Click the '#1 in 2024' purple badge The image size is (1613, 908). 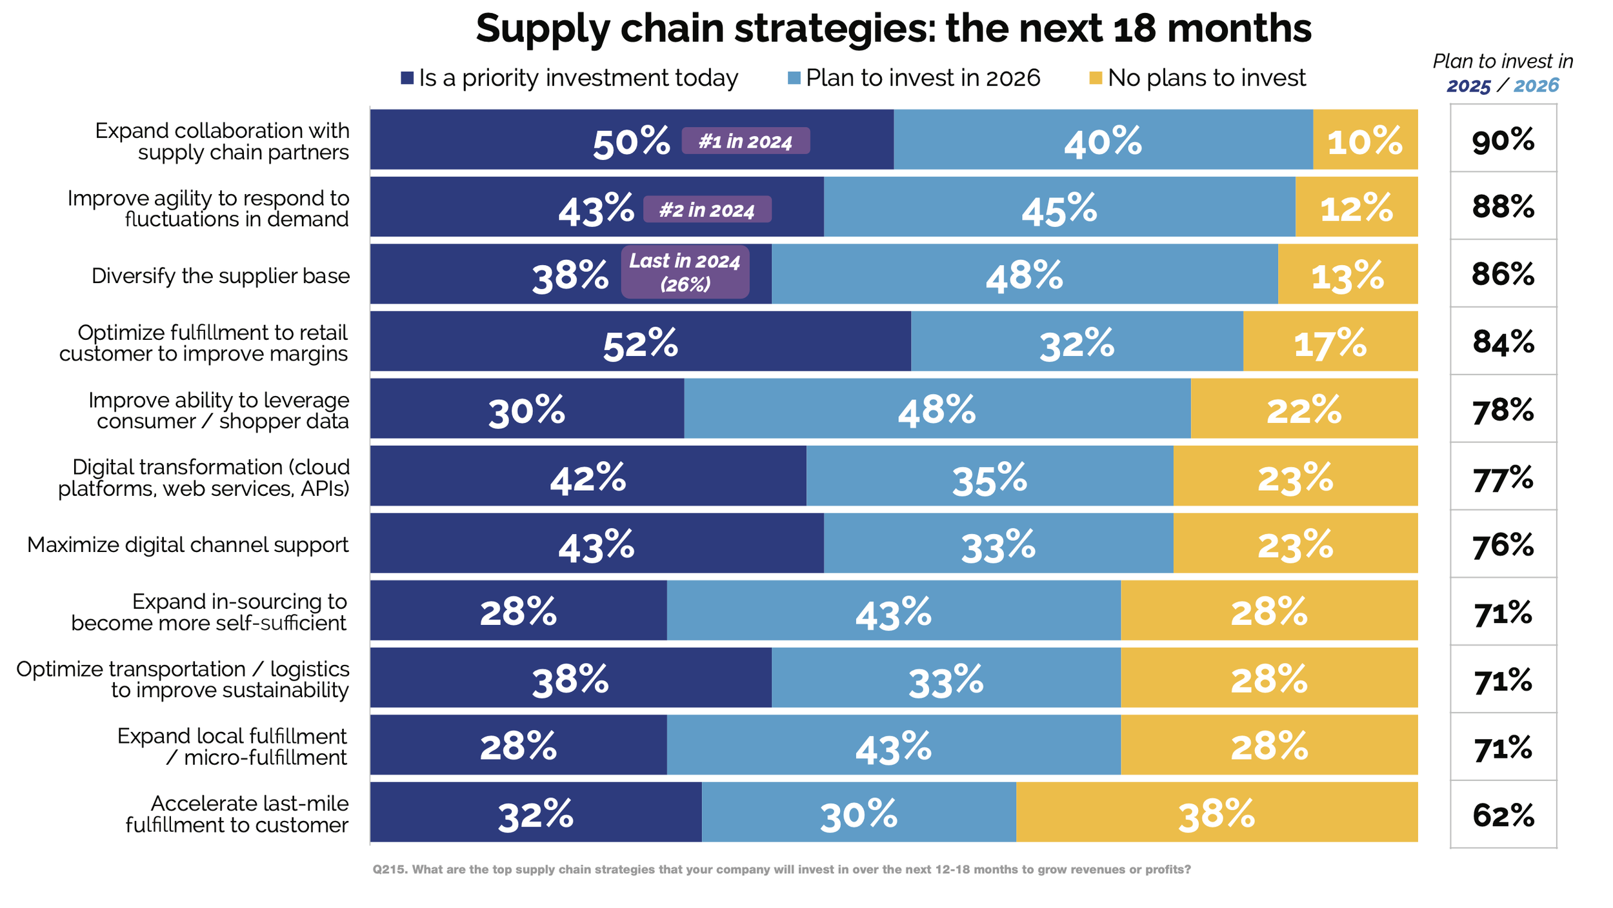pyautogui.click(x=745, y=141)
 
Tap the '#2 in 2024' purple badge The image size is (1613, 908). pyautogui.click(x=707, y=210)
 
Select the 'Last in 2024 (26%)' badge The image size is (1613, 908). pyautogui.click(x=685, y=271)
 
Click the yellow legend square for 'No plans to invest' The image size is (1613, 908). pyautogui.click(x=1096, y=78)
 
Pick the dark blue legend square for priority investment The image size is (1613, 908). pyautogui.click(x=407, y=78)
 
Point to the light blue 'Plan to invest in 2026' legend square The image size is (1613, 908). pyautogui.click(x=794, y=78)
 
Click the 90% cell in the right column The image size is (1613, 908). pyautogui.click(x=1503, y=140)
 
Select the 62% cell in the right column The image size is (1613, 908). pyautogui.click(x=1503, y=815)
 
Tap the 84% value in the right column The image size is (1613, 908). pyautogui.click(x=1503, y=342)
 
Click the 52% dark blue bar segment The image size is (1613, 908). pyautogui.click(x=640, y=342)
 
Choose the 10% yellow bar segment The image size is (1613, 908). pyautogui.click(x=1365, y=140)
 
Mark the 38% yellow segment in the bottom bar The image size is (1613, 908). pyautogui.click(x=1216, y=813)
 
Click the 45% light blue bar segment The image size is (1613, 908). pyautogui.click(x=1059, y=208)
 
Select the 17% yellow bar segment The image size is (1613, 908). pyautogui.click(x=1330, y=342)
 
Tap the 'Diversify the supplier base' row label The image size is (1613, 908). pyautogui.click(x=221, y=275)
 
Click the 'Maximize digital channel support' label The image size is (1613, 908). pyautogui.click(x=188, y=545)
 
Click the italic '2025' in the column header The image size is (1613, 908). pyautogui.click(x=1468, y=86)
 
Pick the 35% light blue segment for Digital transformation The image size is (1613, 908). pyautogui.click(x=989, y=477)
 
